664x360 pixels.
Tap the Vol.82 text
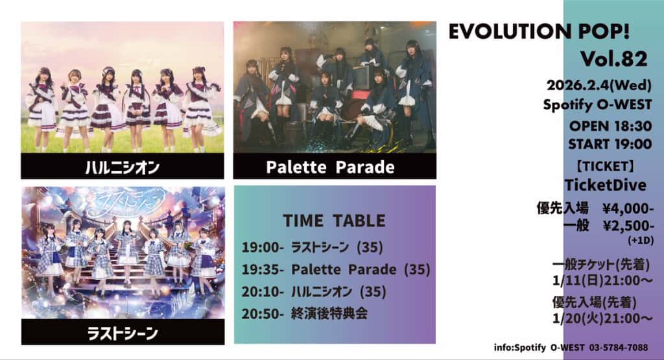click(613, 59)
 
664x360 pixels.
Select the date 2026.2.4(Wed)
click(599, 86)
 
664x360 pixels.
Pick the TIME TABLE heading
click(333, 221)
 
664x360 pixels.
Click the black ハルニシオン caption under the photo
click(123, 167)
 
